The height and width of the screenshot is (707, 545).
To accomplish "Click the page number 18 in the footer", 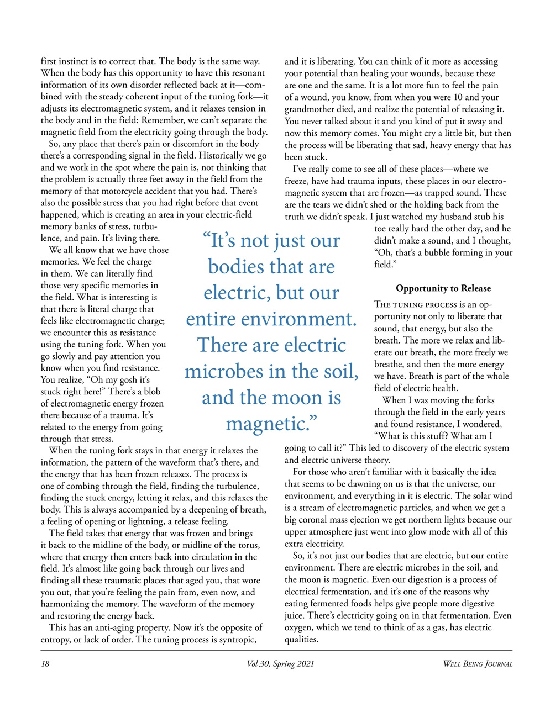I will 45,664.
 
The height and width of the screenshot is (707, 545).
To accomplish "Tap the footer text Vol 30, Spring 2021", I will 280,664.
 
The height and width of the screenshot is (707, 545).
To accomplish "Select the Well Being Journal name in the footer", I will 478,664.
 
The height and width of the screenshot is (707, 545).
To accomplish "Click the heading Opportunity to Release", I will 443,288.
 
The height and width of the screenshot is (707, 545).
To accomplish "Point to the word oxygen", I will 300,627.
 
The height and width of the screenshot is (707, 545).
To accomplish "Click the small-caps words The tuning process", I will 415,305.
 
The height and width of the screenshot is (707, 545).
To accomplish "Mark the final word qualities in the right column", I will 302,640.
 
